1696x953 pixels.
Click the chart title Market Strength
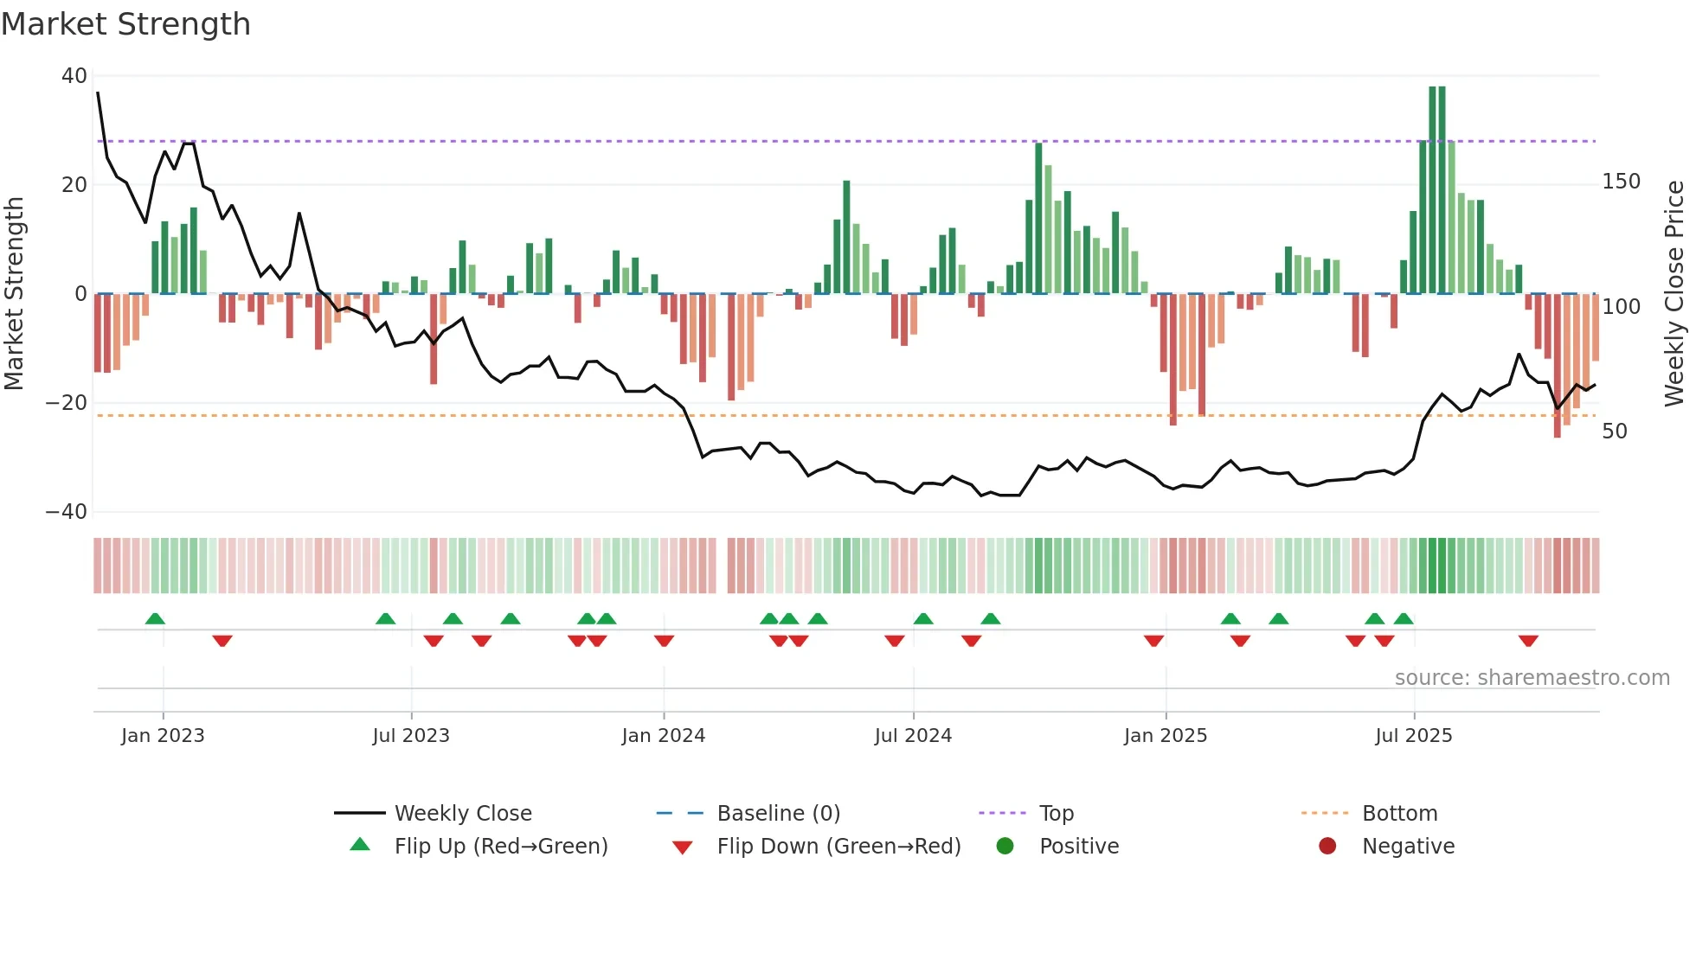tap(125, 24)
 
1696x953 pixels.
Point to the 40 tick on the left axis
tap(74, 76)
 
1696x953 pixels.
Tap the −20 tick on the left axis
tap(67, 403)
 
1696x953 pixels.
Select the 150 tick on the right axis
tap(1621, 182)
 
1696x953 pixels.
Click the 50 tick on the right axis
tap(1615, 432)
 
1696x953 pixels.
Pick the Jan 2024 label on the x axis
tap(663, 736)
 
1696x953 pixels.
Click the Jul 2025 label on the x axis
tap(1413, 736)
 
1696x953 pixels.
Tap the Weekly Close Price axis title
tap(1674, 293)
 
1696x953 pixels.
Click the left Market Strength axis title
tap(14, 293)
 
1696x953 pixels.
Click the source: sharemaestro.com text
tap(1532, 678)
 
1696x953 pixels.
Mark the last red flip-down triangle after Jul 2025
tap(1528, 641)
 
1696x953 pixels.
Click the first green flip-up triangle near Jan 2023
tap(155, 618)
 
